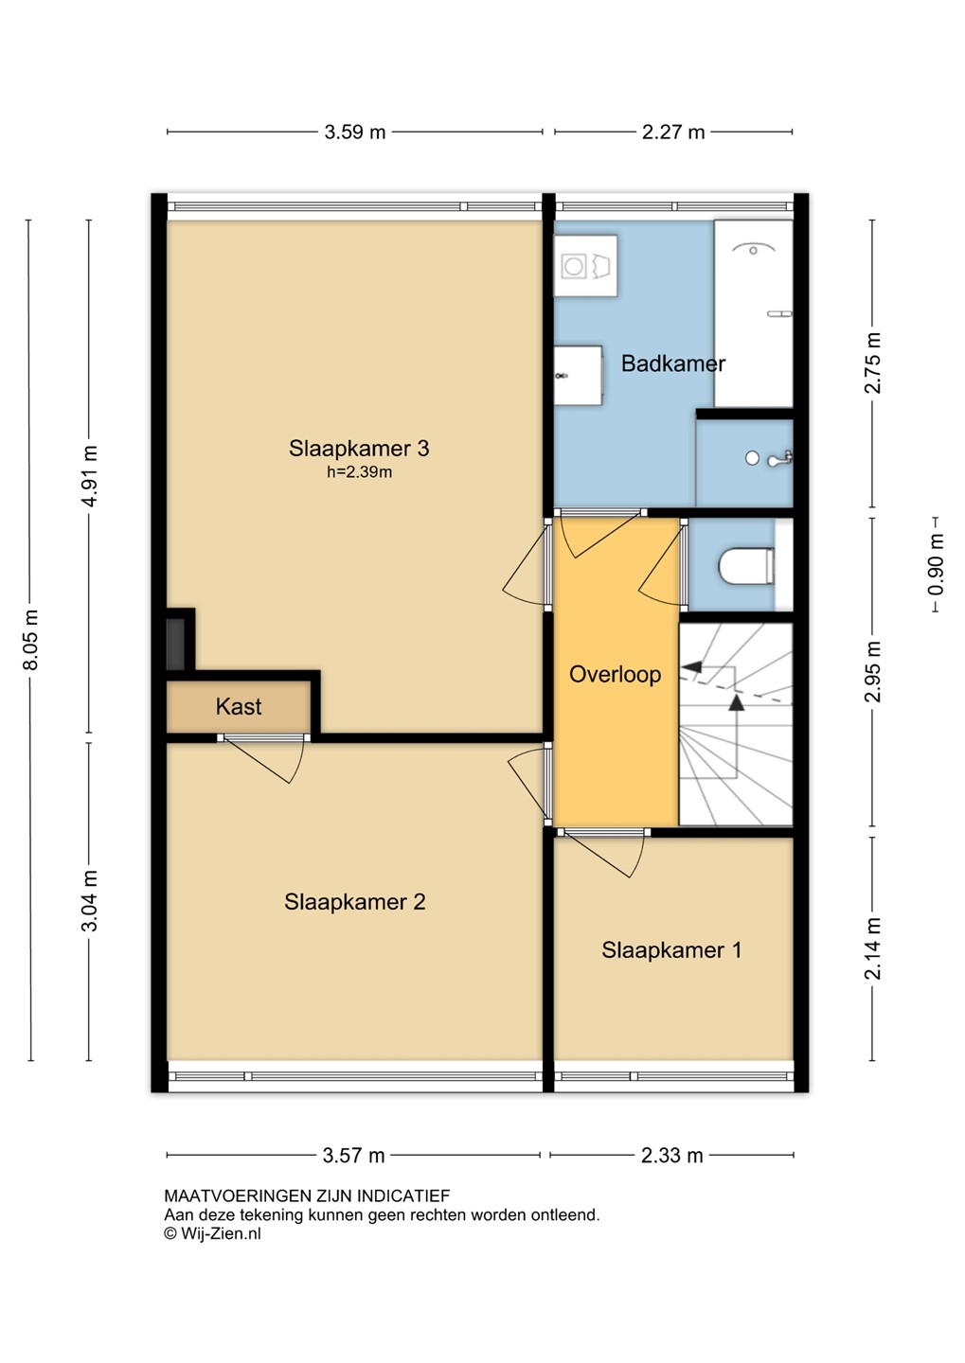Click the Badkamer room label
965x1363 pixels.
point(672,363)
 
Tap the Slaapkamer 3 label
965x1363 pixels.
point(359,449)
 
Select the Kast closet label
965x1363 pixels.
point(239,706)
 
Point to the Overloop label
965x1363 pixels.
point(615,674)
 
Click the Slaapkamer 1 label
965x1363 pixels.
point(671,950)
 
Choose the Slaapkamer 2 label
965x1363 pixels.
point(354,902)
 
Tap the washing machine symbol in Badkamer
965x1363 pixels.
point(585,266)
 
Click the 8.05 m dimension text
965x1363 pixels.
point(31,640)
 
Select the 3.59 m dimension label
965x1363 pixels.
point(355,133)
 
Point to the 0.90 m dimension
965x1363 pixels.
point(936,564)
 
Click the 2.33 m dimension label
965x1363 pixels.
point(672,1156)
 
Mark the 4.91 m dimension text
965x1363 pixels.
point(90,476)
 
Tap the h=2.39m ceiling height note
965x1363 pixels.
point(359,471)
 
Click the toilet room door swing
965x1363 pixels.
point(662,565)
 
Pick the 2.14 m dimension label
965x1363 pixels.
point(873,948)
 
